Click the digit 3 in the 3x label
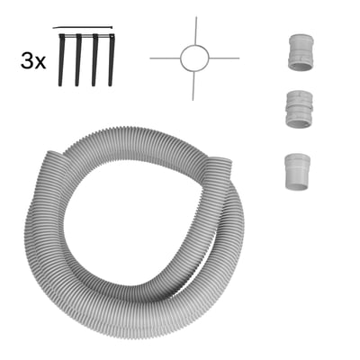tap(27, 60)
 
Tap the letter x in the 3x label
tap(40, 63)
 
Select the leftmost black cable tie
tap(61, 60)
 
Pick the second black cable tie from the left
tap(78, 60)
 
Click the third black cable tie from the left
tap(94, 60)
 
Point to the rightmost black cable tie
tap(112, 60)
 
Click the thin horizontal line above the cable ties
tap(83, 28)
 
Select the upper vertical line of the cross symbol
tap(196, 31)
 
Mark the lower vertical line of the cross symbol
tap(193, 85)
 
